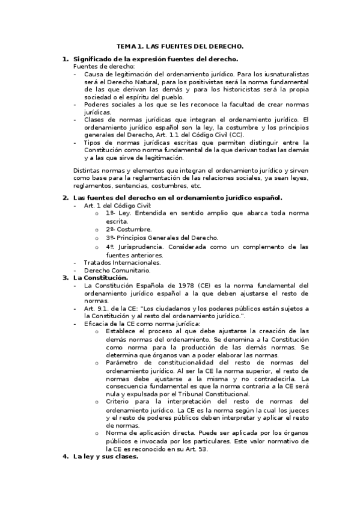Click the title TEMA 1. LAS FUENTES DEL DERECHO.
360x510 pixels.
point(180,46)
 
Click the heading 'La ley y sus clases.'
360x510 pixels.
point(106,456)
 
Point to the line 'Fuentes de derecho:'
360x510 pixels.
point(100,66)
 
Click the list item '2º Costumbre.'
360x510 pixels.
point(129,229)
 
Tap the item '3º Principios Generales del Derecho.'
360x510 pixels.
point(162,238)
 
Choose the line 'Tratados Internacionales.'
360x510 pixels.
point(123,262)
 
